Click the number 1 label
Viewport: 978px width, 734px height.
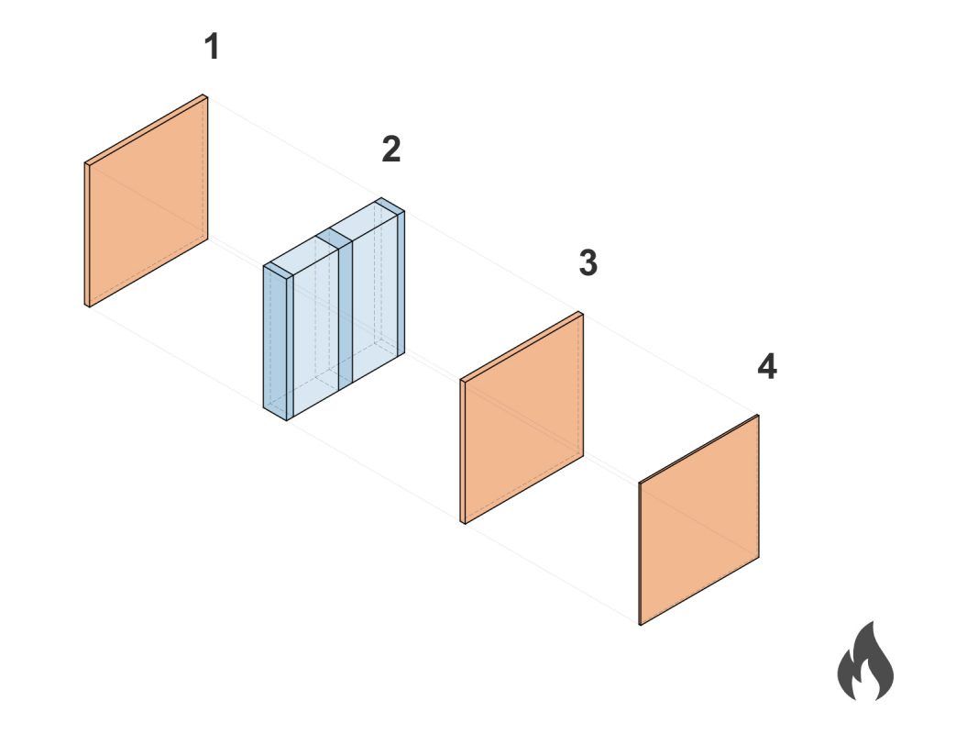(x=212, y=47)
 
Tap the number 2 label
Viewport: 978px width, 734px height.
(x=391, y=150)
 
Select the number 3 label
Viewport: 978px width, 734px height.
(x=588, y=262)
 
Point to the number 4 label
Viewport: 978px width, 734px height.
(x=767, y=366)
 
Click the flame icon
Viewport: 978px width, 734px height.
(x=865, y=661)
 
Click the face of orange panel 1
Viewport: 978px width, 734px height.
(x=148, y=202)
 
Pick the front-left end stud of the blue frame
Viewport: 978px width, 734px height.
(x=279, y=343)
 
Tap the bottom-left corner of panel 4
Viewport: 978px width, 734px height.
(x=641, y=624)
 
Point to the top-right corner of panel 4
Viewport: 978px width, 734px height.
(x=759, y=416)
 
